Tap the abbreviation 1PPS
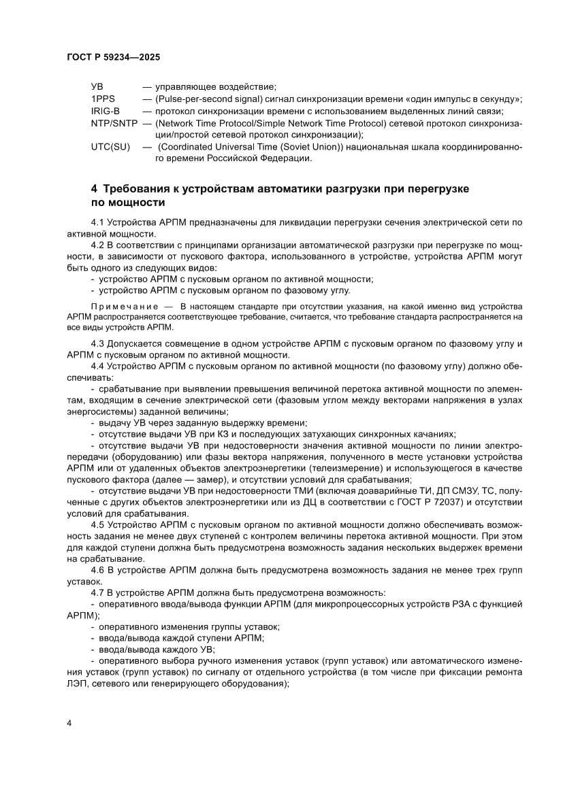coord(103,99)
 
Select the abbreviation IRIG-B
coord(106,111)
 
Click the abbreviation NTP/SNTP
coord(114,123)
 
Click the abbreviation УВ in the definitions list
coord(97,87)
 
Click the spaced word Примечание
coord(122,307)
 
